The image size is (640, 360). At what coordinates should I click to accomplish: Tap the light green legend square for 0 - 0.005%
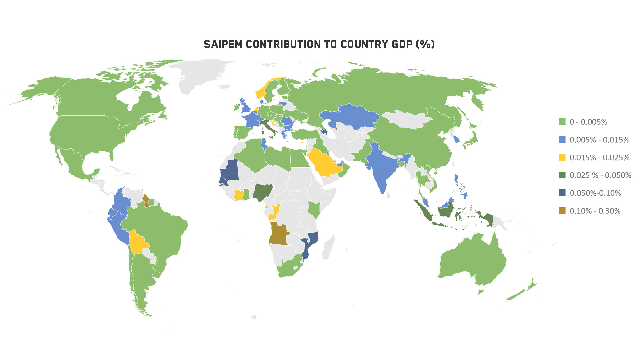(x=562, y=122)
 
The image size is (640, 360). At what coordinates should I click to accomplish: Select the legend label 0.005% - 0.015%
(x=599, y=140)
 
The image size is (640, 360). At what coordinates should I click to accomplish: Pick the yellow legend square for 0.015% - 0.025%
(x=562, y=157)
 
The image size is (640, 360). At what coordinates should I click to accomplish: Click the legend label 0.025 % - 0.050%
(x=600, y=175)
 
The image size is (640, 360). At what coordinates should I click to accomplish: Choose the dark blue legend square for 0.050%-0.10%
(x=562, y=193)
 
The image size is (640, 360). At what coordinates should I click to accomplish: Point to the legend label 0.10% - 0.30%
(x=595, y=211)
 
